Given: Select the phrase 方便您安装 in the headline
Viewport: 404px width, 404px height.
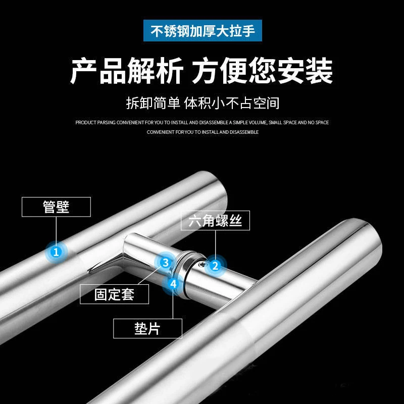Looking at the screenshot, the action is point(262,71).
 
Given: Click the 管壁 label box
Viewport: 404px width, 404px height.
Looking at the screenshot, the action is point(56,207).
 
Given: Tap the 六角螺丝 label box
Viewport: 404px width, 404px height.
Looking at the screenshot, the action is point(215,220).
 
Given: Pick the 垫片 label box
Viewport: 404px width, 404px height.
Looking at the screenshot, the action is point(147,329).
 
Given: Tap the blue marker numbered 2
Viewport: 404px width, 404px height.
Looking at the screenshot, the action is point(216,265).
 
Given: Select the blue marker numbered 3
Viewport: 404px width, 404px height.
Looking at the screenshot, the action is point(165,262).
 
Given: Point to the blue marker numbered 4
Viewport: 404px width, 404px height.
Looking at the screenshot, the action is point(173,283).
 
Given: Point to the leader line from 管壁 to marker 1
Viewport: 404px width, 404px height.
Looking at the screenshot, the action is point(56,230).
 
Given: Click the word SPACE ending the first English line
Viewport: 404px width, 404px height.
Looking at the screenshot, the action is point(322,123).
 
